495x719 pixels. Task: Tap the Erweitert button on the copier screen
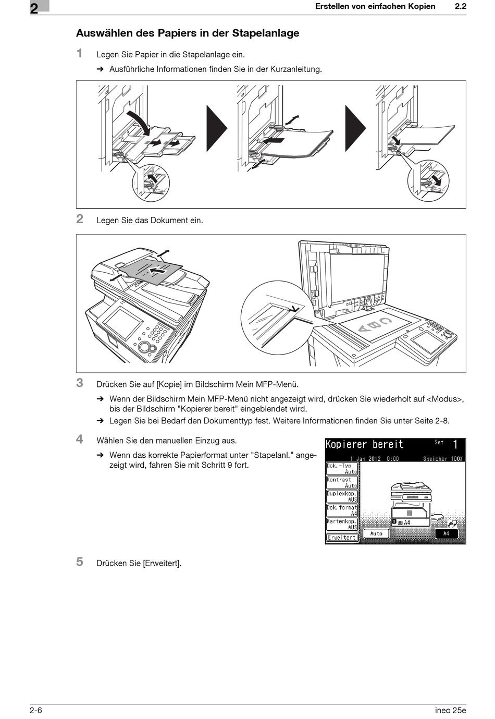point(342,538)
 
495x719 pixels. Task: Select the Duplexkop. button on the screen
point(342,496)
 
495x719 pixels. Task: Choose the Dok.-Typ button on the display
point(342,468)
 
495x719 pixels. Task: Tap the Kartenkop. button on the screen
point(342,524)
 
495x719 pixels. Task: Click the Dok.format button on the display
point(342,510)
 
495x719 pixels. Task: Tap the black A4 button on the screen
point(446,533)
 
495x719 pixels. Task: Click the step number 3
point(80,383)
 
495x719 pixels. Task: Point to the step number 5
point(80,562)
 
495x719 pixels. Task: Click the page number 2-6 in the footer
point(36,710)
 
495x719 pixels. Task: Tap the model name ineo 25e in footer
point(450,710)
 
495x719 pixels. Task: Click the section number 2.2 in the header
point(460,7)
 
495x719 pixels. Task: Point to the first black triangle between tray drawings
point(216,128)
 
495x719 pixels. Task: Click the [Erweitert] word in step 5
point(162,563)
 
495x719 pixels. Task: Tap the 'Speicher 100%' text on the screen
point(442,459)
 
